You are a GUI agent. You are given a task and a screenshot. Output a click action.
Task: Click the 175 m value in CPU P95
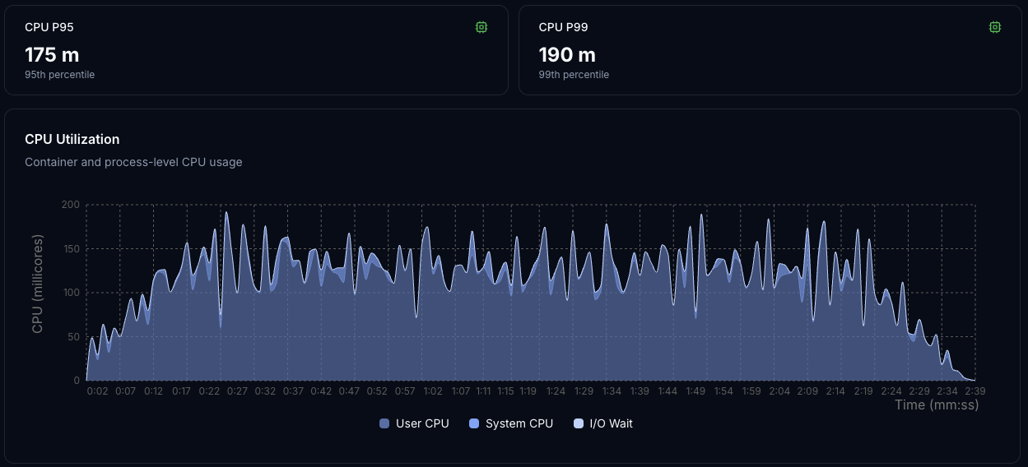(52, 55)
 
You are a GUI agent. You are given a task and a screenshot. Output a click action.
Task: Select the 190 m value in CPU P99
(567, 55)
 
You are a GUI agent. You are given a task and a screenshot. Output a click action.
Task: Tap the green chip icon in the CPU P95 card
(481, 27)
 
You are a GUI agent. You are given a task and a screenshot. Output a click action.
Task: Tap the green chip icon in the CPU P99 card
(995, 27)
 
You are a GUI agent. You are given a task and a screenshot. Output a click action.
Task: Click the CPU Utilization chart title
(72, 139)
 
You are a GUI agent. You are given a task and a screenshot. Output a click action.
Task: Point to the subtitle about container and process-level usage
(133, 162)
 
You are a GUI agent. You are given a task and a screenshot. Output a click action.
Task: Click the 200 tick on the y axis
(71, 205)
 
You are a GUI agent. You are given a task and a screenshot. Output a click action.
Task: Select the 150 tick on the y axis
(71, 249)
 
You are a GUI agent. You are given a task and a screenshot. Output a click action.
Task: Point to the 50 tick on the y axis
(73, 337)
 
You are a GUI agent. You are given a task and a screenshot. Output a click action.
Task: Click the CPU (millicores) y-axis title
(38, 284)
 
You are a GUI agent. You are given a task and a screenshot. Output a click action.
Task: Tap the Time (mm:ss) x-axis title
(937, 405)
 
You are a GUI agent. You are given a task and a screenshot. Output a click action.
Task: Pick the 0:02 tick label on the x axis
(97, 391)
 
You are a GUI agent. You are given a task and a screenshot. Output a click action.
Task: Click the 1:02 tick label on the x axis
(433, 391)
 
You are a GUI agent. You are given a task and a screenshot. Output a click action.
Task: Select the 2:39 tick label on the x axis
(975, 391)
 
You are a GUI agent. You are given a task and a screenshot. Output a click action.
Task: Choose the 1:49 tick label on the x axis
(695, 391)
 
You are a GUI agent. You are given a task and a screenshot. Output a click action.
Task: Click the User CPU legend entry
(415, 423)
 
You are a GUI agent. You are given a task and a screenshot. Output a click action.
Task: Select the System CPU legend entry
(511, 423)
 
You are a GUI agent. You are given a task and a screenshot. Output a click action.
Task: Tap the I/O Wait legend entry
(603, 423)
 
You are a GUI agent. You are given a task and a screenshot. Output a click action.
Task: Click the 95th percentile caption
(59, 75)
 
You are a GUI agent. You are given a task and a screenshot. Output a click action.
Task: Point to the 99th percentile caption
(574, 75)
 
